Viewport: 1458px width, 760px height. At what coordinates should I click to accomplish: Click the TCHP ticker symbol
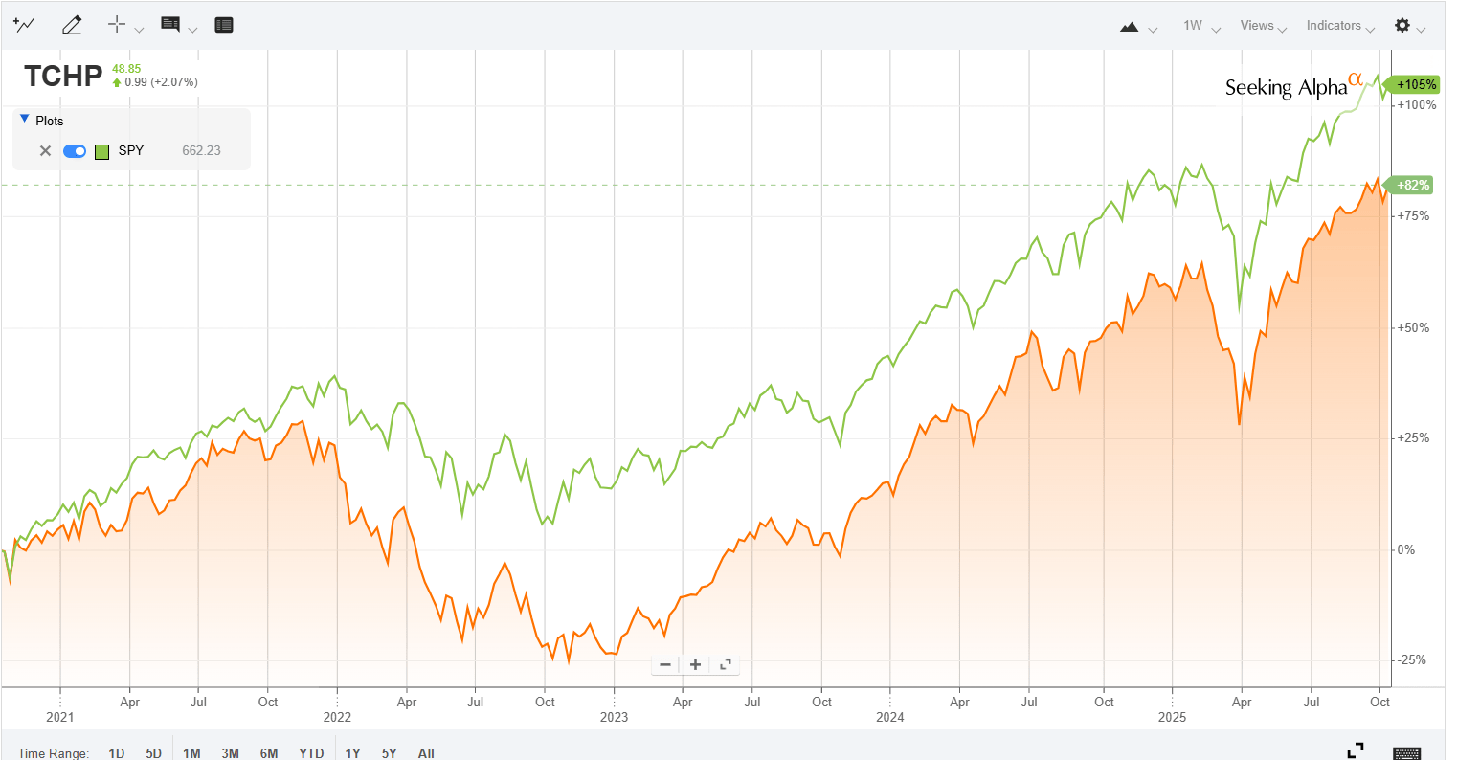[x=63, y=76]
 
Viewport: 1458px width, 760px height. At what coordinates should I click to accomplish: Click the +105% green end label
[x=1415, y=85]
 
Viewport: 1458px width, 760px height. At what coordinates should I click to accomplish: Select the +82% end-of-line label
[x=1413, y=186]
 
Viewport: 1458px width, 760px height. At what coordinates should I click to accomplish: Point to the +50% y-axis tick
[x=1413, y=328]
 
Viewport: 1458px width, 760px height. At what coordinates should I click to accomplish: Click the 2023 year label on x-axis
[x=614, y=718]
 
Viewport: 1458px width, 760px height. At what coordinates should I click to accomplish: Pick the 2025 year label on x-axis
[x=1172, y=718]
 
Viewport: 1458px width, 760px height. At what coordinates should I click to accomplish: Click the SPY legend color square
[x=102, y=151]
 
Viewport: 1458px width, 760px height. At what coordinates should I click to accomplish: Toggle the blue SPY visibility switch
[x=75, y=151]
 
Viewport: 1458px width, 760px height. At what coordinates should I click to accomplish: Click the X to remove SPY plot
[x=45, y=151]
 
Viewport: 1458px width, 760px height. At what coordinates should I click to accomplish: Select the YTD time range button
[x=311, y=753]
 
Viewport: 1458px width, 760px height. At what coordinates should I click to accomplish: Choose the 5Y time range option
[x=389, y=753]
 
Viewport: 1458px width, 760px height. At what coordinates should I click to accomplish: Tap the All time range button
[x=426, y=753]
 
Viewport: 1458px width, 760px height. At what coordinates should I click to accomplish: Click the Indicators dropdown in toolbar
[x=1338, y=26]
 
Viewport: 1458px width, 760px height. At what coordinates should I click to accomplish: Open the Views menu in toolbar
[x=1262, y=26]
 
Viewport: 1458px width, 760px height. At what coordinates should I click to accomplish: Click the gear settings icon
[x=1402, y=26]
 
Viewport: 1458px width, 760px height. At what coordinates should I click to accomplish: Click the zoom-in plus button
[x=695, y=664]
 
